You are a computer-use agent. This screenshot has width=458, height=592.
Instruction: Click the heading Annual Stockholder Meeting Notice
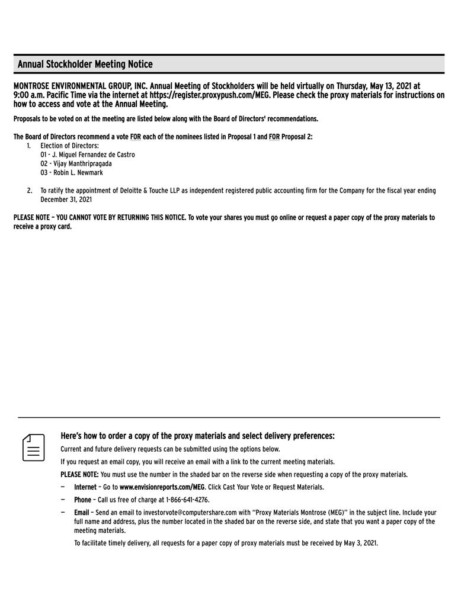tap(85, 64)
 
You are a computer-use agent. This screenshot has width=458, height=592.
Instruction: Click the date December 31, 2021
tap(66, 200)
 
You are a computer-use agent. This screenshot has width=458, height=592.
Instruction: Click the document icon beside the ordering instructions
tap(34, 446)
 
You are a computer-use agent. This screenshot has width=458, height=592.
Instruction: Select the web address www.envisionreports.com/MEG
tap(162, 487)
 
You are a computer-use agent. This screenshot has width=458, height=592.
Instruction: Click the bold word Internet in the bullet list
tap(85, 487)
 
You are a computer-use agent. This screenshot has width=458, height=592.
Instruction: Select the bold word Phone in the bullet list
tap(82, 500)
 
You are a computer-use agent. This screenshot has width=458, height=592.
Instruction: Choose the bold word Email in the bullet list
tap(81, 513)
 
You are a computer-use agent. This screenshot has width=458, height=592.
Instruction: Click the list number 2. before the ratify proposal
tap(29, 191)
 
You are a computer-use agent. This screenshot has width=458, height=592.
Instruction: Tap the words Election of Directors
tap(69, 146)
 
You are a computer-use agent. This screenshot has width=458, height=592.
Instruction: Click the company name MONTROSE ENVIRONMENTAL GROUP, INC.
tap(80, 86)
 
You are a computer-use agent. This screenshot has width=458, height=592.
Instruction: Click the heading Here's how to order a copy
tap(197, 436)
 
